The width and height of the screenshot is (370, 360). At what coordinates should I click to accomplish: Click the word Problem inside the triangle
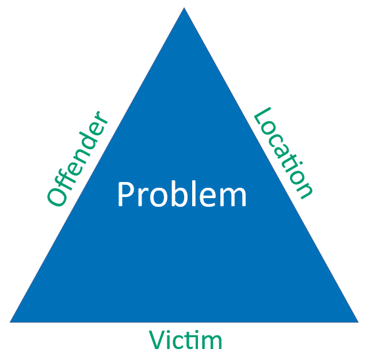coord(182,195)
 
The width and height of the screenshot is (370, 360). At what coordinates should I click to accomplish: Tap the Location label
coord(284,153)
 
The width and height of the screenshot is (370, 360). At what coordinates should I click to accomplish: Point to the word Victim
coord(185,340)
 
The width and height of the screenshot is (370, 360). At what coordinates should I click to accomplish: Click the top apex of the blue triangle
coord(184,9)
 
